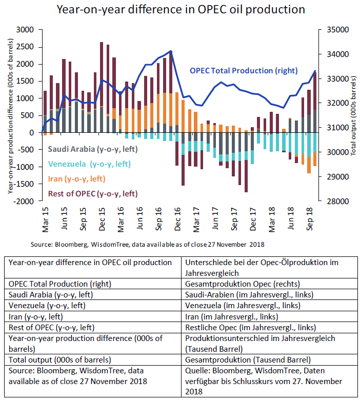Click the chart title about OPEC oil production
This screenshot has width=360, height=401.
click(181, 9)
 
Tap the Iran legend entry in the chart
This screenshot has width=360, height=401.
click(76, 179)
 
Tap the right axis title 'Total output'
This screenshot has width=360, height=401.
click(353, 115)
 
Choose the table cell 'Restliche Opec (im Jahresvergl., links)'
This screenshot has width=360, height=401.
click(250, 327)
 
